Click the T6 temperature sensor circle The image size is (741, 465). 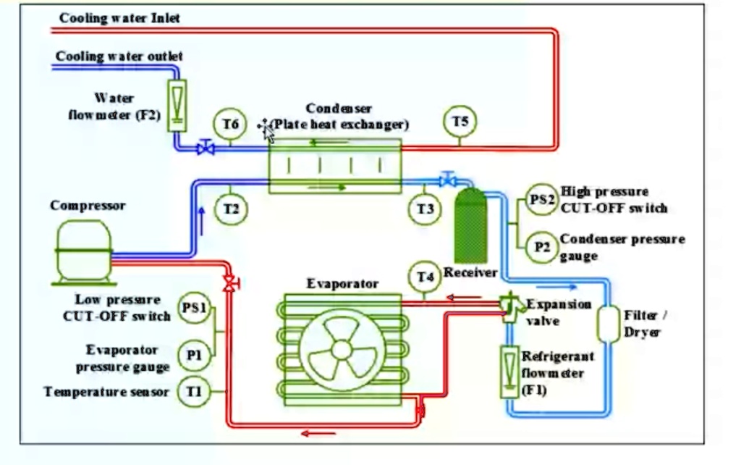pyautogui.click(x=230, y=125)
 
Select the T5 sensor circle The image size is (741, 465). pyautogui.click(x=460, y=122)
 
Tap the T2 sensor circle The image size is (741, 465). pyautogui.click(x=231, y=209)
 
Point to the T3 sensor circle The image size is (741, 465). pyautogui.click(x=426, y=209)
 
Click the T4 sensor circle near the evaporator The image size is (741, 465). pyautogui.click(x=425, y=277)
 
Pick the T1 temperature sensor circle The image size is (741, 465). pyautogui.click(x=194, y=392)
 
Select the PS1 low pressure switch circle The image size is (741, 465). pyautogui.click(x=194, y=308)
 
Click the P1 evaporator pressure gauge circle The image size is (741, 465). pyautogui.click(x=194, y=354)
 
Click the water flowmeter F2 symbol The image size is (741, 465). pyautogui.click(x=177, y=105)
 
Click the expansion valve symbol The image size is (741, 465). pyautogui.click(x=510, y=304)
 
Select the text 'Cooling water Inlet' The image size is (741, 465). pyautogui.click(x=119, y=18)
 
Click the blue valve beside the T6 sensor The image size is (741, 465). pyautogui.click(x=206, y=148)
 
